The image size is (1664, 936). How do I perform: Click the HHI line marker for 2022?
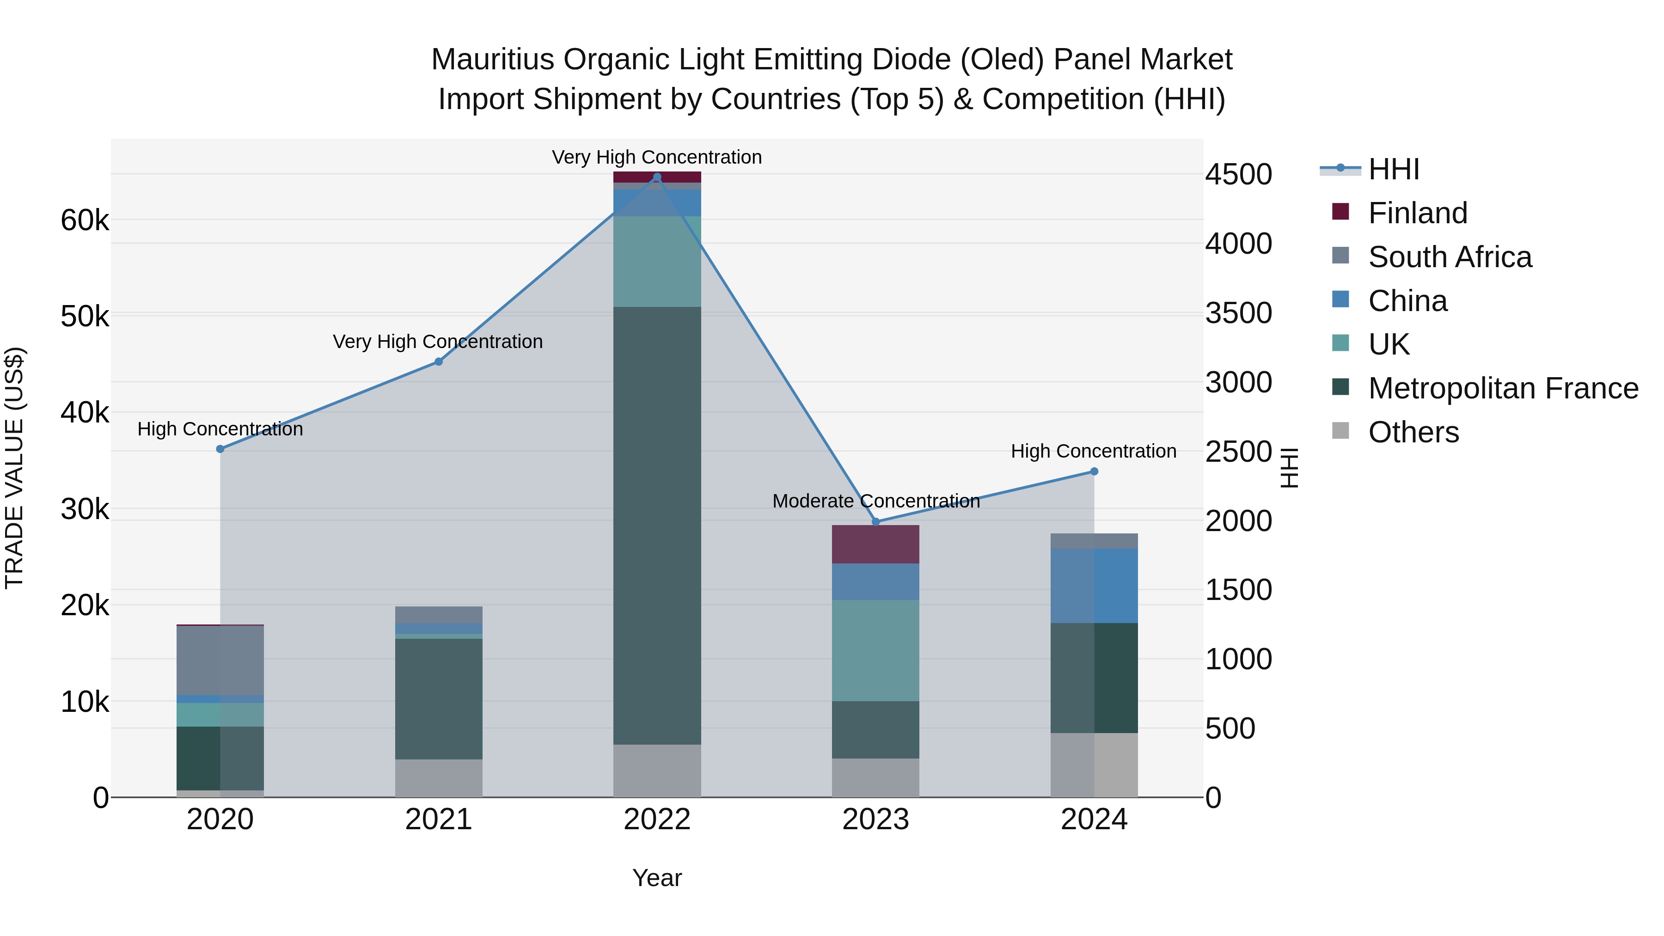pyautogui.click(x=657, y=177)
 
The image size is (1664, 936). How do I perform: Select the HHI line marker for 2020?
pyautogui.click(x=220, y=449)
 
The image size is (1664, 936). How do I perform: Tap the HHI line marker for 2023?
pyautogui.click(x=876, y=522)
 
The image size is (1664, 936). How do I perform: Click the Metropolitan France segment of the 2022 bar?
pyautogui.click(x=657, y=525)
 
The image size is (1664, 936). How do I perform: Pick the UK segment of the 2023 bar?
pyautogui.click(x=875, y=650)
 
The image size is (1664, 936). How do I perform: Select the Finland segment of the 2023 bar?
pyautogui.click(x=875, y=544)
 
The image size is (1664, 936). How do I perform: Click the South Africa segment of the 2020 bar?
pyautogui.click(x=220, y=660)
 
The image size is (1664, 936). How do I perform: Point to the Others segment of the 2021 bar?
pyautogui.click(x=439, y=778)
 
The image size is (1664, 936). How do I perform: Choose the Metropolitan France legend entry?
pyautogui.click(x=1503, y=388)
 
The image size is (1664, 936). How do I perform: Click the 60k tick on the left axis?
pyautogui.click(x=85, y=221)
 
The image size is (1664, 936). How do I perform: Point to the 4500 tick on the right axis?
pyautogui.click(x=1238, y=174)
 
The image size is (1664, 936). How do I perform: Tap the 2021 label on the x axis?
pyautogui.click(x=439, y=820)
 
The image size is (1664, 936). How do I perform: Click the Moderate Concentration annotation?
pyautogui.click(x=876, y=501)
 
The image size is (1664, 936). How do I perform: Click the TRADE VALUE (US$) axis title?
pyautogui.click(x=14, y=468)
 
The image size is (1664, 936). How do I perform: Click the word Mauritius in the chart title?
pyautogui.click(x=492, y=60)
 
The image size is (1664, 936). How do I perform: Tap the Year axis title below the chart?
pyautogui.click(x=657, y=878)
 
